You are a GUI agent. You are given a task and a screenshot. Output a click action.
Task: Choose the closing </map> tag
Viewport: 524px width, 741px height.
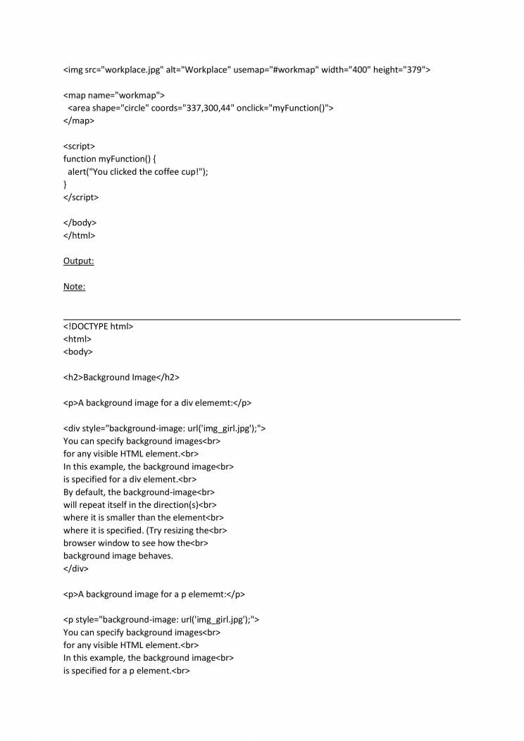pos(79,120)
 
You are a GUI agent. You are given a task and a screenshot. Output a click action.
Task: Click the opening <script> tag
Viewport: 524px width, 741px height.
pos(79,146)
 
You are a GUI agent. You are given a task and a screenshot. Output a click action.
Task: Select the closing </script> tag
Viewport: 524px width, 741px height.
pos(81,197)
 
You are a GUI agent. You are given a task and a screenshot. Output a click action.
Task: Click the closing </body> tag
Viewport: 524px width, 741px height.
pos(80,222)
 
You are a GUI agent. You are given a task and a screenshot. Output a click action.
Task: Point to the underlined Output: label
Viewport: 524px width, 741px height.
pos(79,261)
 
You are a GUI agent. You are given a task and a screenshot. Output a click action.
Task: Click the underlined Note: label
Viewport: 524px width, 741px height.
pos(74,286)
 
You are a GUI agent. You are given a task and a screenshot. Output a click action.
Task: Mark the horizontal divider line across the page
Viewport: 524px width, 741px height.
pos(262,320)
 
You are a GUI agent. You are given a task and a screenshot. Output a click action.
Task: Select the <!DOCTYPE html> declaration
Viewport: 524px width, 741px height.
pos(98,326)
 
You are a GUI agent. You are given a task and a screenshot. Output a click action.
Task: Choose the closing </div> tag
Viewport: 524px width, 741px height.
pos(77,568)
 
